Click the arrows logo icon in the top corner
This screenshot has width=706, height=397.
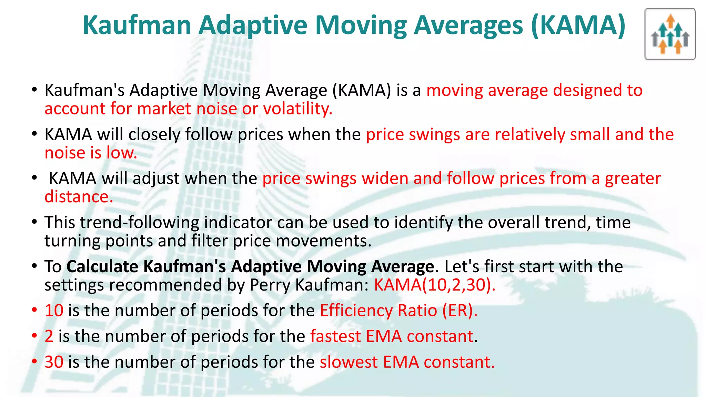coord(670,34)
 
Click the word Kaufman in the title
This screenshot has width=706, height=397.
coord(137,26)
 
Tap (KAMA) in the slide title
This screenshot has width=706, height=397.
coord(578,26)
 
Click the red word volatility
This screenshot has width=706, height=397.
coord(297,109)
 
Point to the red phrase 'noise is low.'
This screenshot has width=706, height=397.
coord(91,153)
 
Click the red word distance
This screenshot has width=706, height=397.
coord(79,197)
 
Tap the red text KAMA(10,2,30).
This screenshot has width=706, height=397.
coord(435,285)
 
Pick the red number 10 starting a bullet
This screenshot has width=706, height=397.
coord(54,311)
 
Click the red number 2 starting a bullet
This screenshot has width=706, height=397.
coord(49,336)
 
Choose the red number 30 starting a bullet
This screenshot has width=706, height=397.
coord(54,362)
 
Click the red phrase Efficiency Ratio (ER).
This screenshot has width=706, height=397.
coord(399,311)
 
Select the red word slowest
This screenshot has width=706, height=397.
coord(349,362)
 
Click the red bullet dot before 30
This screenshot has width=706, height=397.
coord(34,362)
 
